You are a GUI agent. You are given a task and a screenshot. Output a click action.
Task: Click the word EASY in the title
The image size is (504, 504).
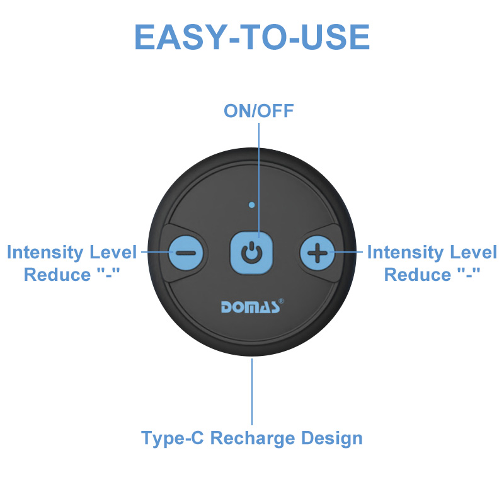(x=179, y=37)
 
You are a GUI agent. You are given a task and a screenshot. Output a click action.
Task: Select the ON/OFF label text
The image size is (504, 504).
(x=259, y=111)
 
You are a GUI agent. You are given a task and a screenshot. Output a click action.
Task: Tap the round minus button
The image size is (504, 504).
(x=186, y=253)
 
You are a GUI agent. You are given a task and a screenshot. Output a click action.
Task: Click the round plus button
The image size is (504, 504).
(x=318, y=253)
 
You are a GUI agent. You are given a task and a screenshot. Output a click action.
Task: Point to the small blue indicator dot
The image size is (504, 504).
(x=251, y=205)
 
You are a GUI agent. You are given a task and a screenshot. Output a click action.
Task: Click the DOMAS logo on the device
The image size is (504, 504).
(x=250, y=307)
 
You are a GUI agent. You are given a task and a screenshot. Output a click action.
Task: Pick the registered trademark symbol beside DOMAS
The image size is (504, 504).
(x=281, y=301)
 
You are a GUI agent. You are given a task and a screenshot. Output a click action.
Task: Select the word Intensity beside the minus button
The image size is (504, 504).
(x=46, y=253)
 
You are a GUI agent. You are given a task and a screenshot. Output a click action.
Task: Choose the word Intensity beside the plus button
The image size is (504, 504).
(x=406, y=253)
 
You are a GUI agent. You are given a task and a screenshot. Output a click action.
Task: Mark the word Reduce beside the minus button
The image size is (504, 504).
(x=57, y=275)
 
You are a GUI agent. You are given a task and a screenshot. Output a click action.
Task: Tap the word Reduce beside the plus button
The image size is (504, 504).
(x=418, y=275)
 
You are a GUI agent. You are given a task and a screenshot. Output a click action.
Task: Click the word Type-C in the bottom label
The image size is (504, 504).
(x=173, y=438)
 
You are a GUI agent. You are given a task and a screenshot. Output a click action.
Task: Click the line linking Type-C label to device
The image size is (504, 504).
(x=252, y=391)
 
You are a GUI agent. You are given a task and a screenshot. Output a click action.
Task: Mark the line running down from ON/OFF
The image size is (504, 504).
(x=259, y=180)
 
